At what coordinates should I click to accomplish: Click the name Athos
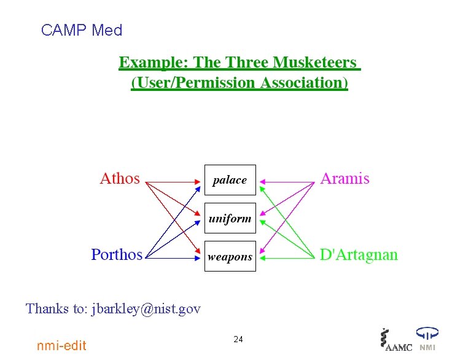(120, 179)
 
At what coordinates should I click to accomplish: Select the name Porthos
(117, 254)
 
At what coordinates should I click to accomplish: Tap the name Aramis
(344, 179)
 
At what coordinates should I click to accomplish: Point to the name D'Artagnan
(359, 254)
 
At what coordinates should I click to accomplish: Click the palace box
(230, 180)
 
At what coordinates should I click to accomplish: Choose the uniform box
(230, 218)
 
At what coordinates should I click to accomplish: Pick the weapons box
(230, 257)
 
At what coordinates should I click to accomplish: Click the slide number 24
(238, 340)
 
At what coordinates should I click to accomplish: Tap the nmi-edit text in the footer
(62, 345)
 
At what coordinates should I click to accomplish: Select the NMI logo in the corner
(427, 340)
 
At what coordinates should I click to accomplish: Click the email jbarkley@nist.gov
(146, 308)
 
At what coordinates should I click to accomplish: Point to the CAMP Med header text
(82, 30)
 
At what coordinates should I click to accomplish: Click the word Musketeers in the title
(314, 63)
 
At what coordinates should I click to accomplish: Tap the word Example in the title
(154, 63)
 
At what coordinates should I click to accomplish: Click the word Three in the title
(249, 63)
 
